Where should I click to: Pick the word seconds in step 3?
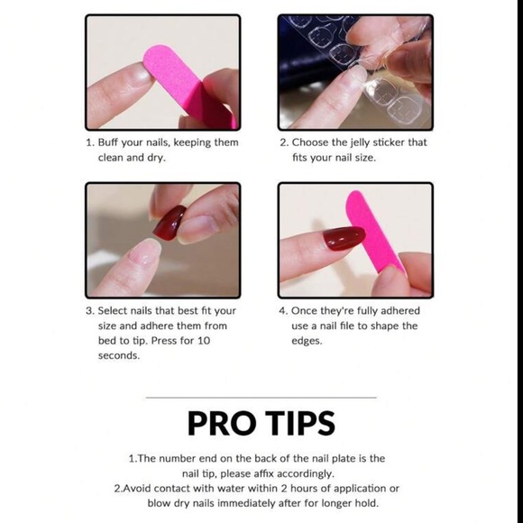pos(119,355)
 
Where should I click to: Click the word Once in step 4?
pos(307,311)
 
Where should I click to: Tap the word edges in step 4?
pos(307,341)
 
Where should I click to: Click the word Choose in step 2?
pos(311,142)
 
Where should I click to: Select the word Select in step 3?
pos(115,311)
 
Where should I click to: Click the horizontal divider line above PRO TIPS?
pos(261,397)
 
